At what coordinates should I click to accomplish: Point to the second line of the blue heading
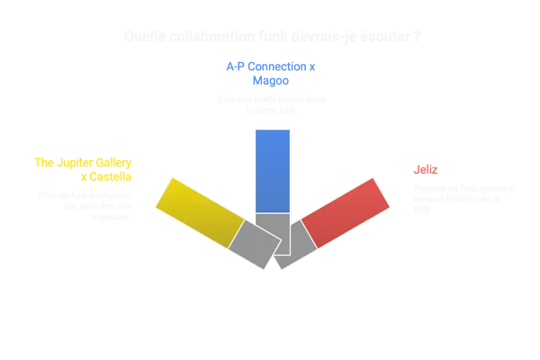pos(271,80)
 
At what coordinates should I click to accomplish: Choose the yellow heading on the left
pos(84,169)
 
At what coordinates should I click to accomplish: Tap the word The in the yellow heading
pos(43,163)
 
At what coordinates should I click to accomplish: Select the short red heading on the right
pos(426,168)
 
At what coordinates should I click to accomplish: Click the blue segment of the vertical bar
pos(272,171)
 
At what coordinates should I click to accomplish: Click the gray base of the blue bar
pos(272,232)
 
